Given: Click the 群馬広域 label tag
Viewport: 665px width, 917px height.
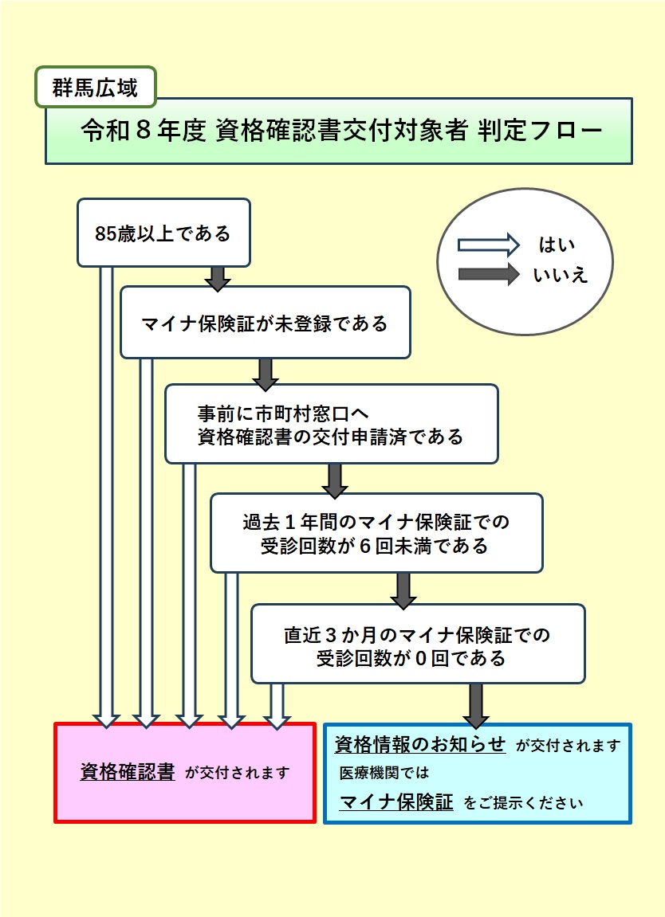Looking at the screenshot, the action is (x=96, y=87).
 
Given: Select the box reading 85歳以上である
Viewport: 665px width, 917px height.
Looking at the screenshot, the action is (x=164, y=233).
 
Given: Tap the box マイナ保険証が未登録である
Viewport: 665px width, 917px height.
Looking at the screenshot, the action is (x=266, y=322).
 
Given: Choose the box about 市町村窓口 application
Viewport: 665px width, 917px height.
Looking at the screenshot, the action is (x=332, y=424).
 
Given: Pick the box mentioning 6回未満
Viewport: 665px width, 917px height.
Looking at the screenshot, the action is (x=376, y=533).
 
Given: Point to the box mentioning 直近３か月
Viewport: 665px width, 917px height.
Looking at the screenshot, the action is (x=418, y=644).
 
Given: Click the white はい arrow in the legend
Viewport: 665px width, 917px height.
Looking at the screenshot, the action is (x=488, y=245).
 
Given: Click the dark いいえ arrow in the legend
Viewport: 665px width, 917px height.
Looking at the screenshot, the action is (x=488, y=274).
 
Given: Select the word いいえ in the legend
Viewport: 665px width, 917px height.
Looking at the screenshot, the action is (x=561, y=275).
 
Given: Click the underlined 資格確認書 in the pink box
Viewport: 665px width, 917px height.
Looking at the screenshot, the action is (x=128, y=772).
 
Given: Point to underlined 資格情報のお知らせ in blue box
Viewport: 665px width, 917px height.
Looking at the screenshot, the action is (x=419, y=744).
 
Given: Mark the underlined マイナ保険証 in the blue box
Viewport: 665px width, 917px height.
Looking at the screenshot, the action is (x=396, y=801).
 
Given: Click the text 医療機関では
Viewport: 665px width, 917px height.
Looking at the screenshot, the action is (x=384, y=773).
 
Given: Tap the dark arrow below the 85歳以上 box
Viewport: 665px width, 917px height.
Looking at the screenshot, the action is (x=218, y=278).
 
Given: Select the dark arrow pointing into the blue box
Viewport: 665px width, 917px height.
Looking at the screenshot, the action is (x=476, y=705).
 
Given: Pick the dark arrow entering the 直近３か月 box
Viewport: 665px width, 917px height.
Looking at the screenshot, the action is (x=403, y=590).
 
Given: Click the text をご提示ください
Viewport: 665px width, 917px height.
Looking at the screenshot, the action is (x=523, y=803).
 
